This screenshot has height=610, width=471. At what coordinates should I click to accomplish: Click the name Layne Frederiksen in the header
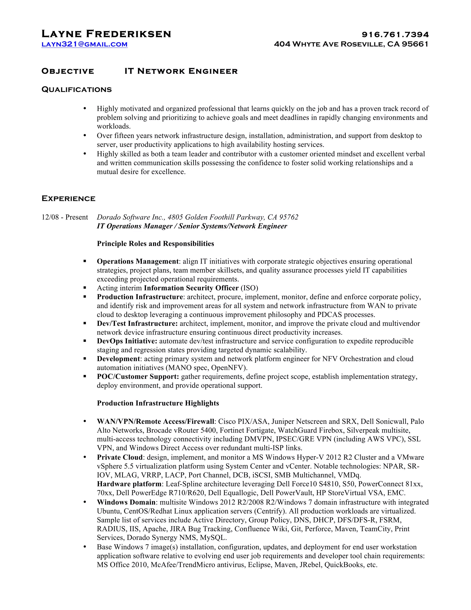coord(106,34)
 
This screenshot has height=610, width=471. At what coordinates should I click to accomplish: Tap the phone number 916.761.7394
coord(395,35)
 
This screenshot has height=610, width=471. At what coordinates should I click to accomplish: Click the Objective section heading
coord(68,71)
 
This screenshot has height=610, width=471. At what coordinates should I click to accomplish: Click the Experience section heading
coord(68,199)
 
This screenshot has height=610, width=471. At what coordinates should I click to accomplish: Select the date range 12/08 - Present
coord(64,217)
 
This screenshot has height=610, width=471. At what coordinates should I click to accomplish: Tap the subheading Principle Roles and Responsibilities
coord(155,244)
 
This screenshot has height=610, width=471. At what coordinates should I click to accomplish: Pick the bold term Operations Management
coord(138,261)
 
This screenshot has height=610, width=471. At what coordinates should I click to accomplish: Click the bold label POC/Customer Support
coord(138,377)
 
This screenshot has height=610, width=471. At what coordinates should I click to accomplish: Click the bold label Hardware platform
coord(129,484)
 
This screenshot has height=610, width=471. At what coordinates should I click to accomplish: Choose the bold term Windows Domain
coord(126,502)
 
